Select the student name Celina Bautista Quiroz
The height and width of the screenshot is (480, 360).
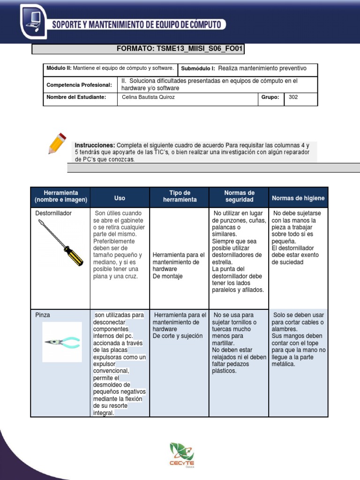point(148,97)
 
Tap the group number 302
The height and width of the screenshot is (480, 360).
point(293,97)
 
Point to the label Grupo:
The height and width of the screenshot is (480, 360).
point(270,97)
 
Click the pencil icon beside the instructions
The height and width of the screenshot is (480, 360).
point(57,143)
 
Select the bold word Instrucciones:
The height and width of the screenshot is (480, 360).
point(95,145)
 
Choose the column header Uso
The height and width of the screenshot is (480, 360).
point(120,198)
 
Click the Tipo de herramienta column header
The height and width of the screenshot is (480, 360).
point(180,196)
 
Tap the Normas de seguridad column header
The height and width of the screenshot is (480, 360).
point(239,196)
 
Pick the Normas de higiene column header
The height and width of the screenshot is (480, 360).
point(298,198)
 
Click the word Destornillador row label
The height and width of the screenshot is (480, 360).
point(53,213)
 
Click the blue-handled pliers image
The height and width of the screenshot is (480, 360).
point(62,342)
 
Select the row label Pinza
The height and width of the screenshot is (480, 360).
point(43,315)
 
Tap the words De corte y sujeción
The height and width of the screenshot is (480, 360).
point(178,336)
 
